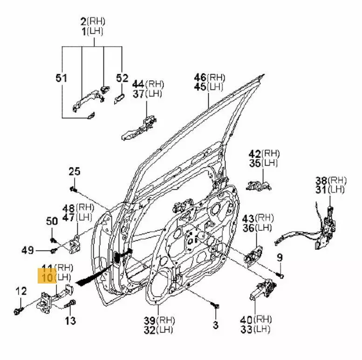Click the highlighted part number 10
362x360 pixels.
pyautogui.click(x=47, y=277)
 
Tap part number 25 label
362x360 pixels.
pyautogui.click(x=75, y=172)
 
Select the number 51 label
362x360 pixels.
pyautogui.click(x=61, y=78)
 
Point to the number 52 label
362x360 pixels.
pyautogui.click(x=122, y=78)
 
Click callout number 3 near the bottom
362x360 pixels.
pyautogui.click(x=215, y=325)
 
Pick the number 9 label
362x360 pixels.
pyautogui.click(x=280, y=257)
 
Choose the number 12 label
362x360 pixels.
pyautogui.click(x=21, y=291)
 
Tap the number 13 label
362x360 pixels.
pyautogui.click(x=70, y=321)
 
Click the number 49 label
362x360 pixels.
pyautogui.click(x=28, y=251)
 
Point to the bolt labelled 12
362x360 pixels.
pyautogui.click(x=20, y=310)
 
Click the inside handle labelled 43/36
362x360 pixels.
pyautogui.click(x=254, y=254)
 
